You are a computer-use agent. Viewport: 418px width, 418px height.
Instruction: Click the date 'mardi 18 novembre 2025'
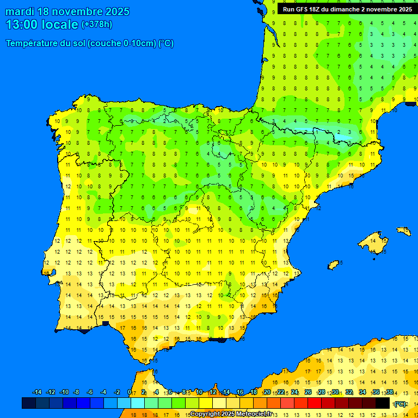(x=67, y=11)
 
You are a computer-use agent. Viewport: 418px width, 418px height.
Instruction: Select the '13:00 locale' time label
(x=42, y=24)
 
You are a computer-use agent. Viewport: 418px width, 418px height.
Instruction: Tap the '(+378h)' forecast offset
(x=96, y=24)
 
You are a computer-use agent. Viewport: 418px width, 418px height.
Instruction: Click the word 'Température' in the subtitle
(x=32, y=44)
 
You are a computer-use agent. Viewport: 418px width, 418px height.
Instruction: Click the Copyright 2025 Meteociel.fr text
(x=231, y=414)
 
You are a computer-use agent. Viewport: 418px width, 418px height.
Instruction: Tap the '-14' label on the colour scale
(x=37, y=392)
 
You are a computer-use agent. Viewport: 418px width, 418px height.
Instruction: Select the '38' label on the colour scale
(x=389, y=392)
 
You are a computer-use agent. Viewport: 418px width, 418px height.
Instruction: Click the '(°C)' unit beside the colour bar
(x=400, y=403)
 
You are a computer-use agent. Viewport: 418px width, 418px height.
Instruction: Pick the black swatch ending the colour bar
(x=383, y=403)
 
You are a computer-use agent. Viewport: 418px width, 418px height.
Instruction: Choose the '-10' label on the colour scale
(x=64, y=392)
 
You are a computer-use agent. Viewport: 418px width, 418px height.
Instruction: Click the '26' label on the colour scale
(x=308, y=392)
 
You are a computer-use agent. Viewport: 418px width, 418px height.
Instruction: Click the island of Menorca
(x=403, y=231)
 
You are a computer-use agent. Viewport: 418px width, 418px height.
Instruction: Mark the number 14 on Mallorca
(x=373, y=239)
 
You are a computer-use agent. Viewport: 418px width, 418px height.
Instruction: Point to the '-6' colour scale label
(x=90, y=392)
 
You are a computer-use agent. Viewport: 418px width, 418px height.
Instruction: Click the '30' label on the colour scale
(x=335, y=392)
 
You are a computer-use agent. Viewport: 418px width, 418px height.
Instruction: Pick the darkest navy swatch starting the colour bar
(x=29, y=403)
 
